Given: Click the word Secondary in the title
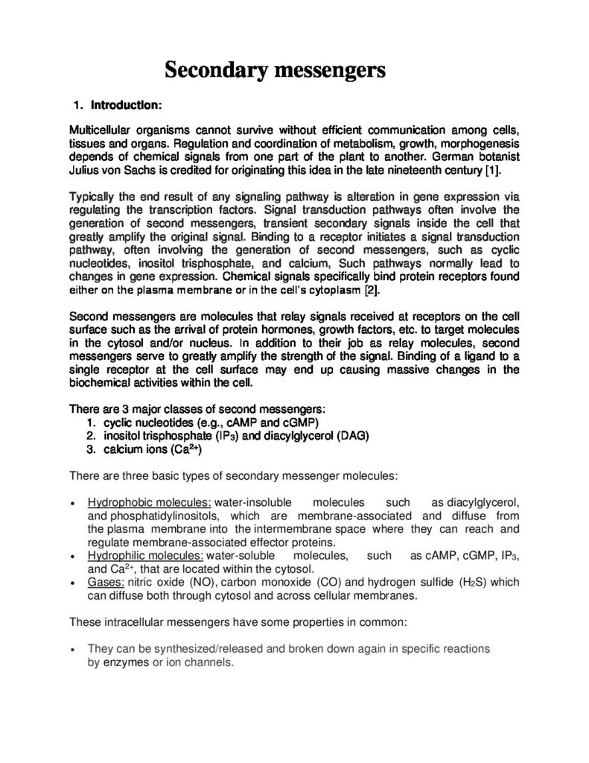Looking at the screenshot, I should (x=214, y=72).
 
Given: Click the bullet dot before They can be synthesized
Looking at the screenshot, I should (x=72, y=650).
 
